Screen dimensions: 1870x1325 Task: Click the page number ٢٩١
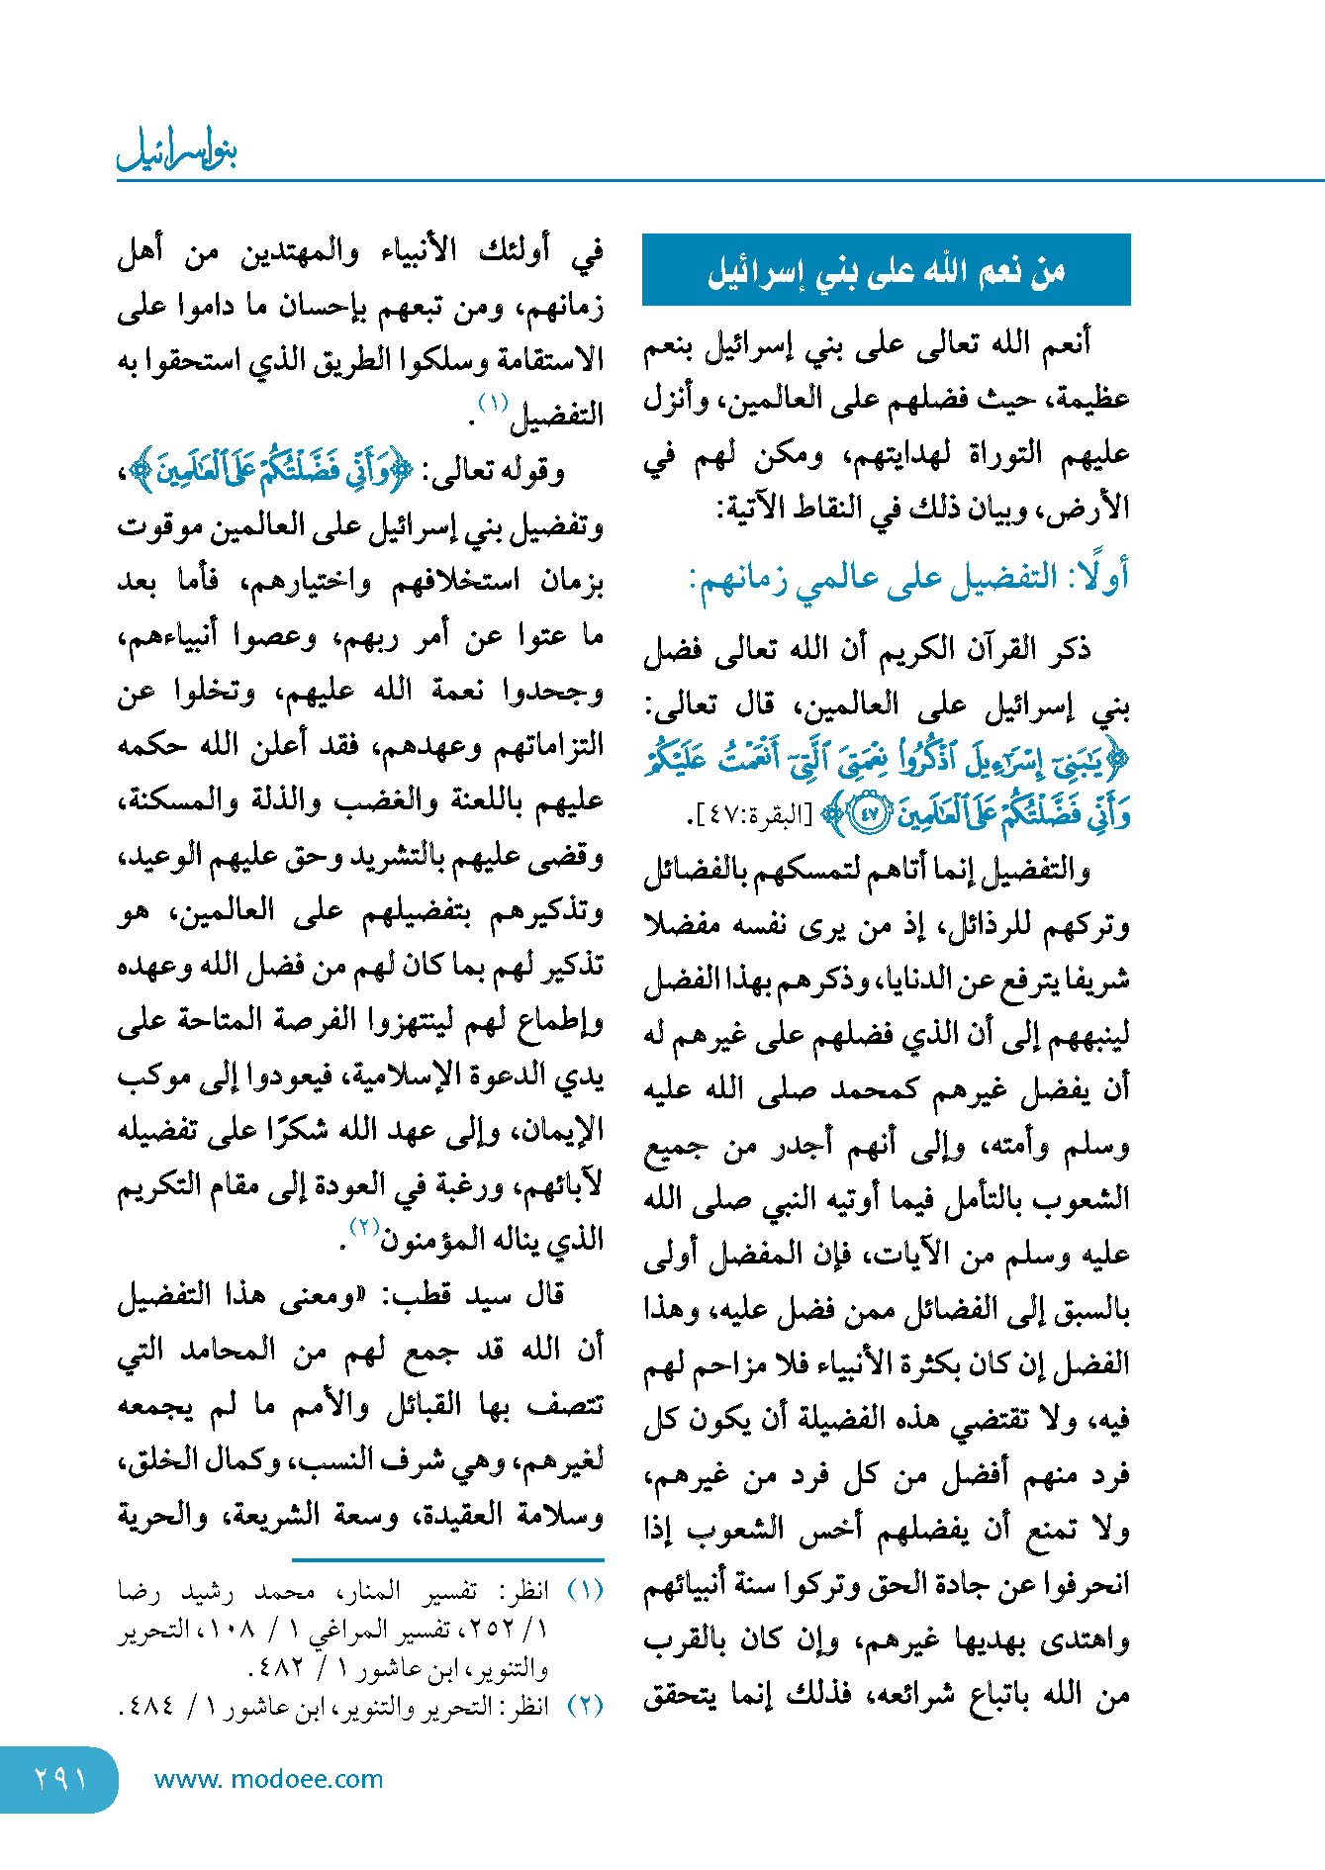point(60,1779)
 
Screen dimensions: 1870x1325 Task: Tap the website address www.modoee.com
point(268,1779)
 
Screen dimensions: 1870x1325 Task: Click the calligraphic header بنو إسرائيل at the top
point(178,151)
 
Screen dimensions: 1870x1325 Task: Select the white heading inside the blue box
point(886,271)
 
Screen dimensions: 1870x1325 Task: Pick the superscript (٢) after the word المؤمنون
point(364,1228)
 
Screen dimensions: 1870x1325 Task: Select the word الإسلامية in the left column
point(391,1076)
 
